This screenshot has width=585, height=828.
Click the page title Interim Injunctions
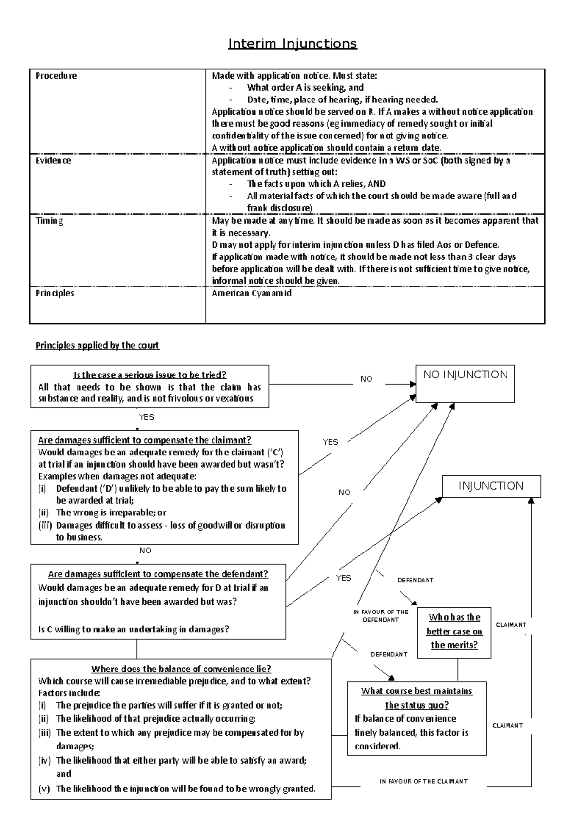[x=292, y=44]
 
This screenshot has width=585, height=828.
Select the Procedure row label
[x=56, y=76]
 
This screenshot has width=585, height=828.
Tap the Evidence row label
[x=53, y=160]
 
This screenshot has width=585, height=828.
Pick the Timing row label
[x=49, y=221]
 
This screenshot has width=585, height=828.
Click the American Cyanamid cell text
[x=251, y=293]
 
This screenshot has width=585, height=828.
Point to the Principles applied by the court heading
[x=97, y=345]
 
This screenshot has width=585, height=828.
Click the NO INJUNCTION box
[x=465, y=384]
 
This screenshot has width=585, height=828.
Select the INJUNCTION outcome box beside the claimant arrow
[x=491, y=486]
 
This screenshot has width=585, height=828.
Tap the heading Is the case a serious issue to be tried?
[x=150, y=375]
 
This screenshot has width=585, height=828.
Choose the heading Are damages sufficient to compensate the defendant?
[x=158, y=574]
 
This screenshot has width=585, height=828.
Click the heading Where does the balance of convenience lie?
[x=181, y=669]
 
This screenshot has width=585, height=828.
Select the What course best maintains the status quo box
[x=416, y=698]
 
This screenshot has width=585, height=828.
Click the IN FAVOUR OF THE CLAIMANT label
[x=423, y=781]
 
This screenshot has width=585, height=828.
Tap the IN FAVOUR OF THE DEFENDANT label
[x=381, y=616]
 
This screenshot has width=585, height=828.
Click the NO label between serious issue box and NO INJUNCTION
[x=366, y=379]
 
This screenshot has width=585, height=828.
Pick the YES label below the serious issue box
[x=146, y=417]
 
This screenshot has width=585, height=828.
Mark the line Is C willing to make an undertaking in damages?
[x=133, y=629]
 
